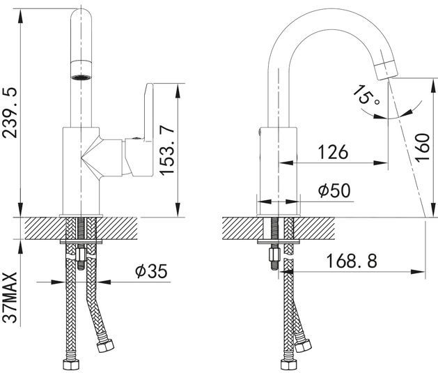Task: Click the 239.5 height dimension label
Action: point(10,113)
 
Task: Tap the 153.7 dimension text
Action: point(166,151)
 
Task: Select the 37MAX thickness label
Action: point(10,297)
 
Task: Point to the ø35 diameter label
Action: point(151,271)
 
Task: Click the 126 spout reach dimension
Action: point(334,153)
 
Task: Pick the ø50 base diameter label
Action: point(334,190)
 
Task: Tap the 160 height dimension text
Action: point(422,147)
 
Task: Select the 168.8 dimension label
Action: point(352,261)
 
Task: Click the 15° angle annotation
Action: point(366,95)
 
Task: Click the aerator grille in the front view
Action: point(81,77)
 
